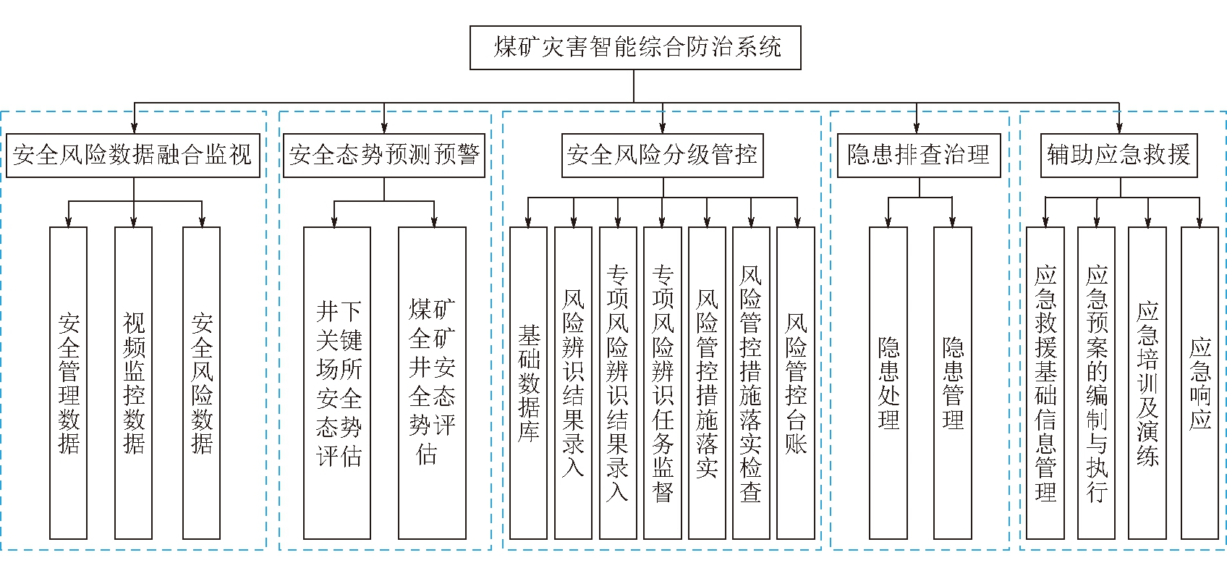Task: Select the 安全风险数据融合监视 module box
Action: coord(133,155)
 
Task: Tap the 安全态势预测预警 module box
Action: coord(384,155)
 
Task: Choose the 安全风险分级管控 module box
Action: coord(663,155)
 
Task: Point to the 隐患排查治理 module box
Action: coord(919,155)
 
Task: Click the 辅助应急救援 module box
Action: coord(1119,155)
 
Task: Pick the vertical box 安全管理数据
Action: coord(68,383)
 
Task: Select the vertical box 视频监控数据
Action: coord(133,383)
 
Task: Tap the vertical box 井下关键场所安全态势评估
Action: coord(337,383)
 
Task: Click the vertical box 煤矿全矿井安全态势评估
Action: coord(432,383)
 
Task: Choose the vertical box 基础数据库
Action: coord(528,383)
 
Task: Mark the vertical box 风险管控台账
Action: coord(796,383)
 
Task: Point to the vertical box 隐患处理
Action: coord(888,383)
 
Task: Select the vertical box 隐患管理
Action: coord(953,383)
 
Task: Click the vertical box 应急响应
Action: coord(1200,383)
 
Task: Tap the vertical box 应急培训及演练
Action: coord(1147,383)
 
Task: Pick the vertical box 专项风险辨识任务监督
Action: coord(663,383)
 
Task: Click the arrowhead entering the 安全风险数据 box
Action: coord(202,222)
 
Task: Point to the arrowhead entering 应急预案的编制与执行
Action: coord(1097,222)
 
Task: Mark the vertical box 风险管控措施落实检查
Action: coord(751,383)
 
